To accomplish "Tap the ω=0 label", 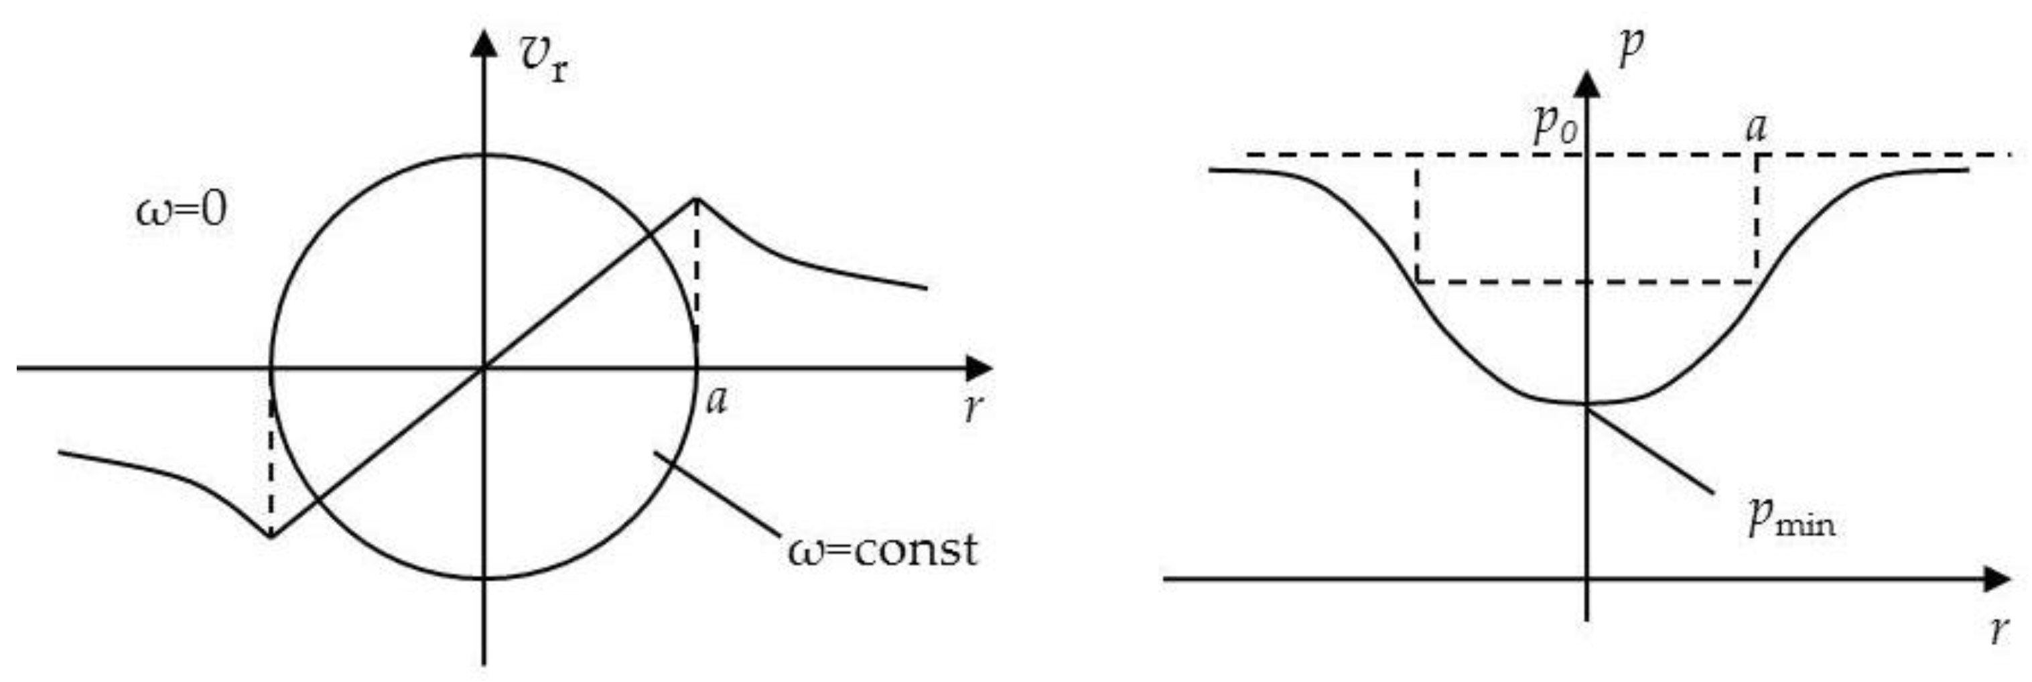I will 182,210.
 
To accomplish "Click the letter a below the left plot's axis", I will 716,401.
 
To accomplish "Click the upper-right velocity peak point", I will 695,198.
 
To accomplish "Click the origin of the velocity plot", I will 484,368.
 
